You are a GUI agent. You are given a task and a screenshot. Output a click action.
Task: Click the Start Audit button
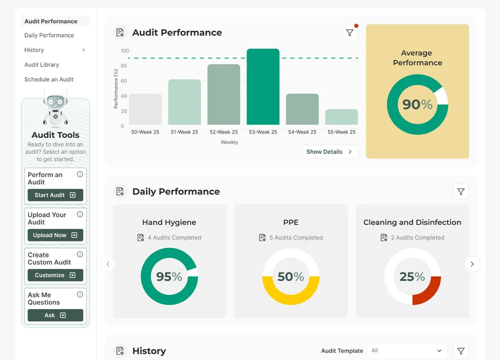[55, 195]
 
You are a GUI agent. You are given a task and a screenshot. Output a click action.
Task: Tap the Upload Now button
[55, 235]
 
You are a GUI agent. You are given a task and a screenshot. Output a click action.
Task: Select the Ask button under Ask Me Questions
[55, 315]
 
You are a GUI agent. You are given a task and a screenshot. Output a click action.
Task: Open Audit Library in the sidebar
[41, 64]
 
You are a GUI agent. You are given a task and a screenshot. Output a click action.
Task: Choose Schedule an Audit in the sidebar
[49, 79]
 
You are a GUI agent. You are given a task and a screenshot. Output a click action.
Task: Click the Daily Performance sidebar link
[49, 35]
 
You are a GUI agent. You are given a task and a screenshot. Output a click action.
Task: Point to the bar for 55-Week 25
[341, 117]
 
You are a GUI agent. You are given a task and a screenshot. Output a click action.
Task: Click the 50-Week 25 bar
[145, 109]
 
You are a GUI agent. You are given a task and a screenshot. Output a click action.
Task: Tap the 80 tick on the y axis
[123, 65]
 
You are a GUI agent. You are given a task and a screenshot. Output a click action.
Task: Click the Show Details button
[329, 151]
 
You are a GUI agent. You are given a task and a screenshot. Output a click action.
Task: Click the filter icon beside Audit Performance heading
[349, 32]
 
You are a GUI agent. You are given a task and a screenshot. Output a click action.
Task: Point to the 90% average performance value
[417, 104]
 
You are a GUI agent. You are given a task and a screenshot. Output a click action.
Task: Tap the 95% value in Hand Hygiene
[169, 276]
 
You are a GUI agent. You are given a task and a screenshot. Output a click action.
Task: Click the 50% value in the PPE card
[290, 276]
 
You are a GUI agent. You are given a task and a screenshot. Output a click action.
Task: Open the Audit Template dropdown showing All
[406, 350]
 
